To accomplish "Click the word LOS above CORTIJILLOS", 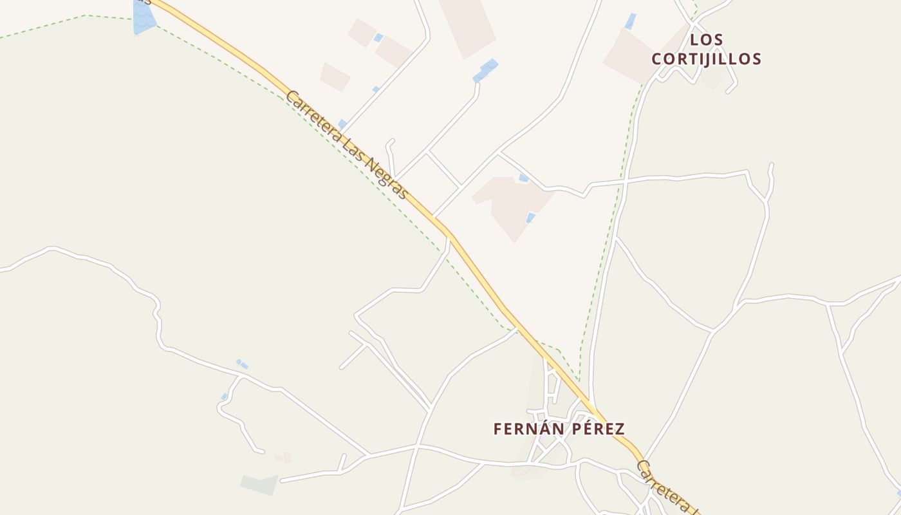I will click(x=707, y=40).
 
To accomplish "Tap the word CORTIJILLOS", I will click(x=707, y=59).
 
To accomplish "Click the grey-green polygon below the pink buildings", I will click(x=259, y=483).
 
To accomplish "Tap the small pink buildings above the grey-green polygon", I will click(x=283, y=458).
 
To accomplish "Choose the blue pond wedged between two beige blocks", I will click(x=378, y=38).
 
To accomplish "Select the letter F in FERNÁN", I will click(x=497, y=429).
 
